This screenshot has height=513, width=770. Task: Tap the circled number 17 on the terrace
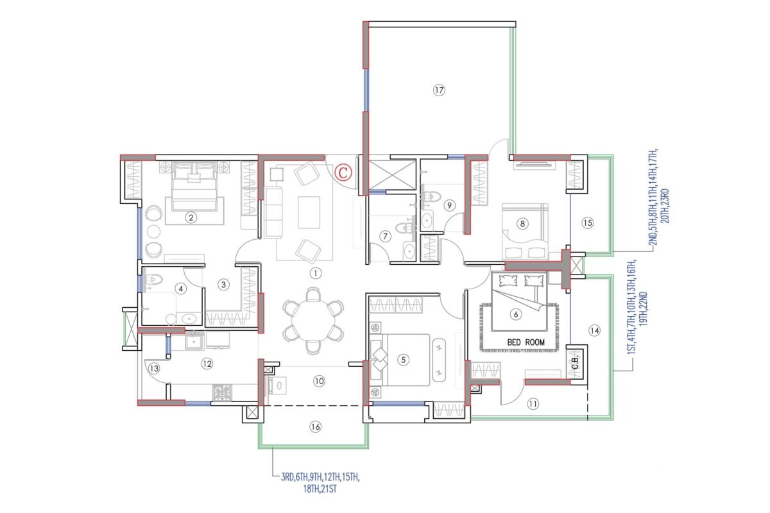click(439, 90)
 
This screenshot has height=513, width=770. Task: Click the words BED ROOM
click(526, 342)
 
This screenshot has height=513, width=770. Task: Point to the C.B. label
click(576, 362)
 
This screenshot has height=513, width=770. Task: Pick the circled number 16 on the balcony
click(315, 427)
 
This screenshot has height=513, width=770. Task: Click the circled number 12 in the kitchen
click(207, 364)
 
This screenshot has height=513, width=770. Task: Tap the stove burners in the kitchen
click(222, 392)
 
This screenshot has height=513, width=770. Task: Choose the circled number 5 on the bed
click(403, 360)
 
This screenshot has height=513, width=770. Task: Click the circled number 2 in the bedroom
click(191, 217)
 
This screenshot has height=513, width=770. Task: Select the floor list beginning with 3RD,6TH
click(320, 483)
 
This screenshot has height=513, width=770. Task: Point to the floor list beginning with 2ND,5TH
click(658, 198)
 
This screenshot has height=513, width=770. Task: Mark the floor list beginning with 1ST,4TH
click(637, 307)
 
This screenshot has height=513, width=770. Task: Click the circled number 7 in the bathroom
click(385, 237)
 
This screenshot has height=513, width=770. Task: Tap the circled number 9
click(449, 205)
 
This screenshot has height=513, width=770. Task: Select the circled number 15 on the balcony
click(588, 223)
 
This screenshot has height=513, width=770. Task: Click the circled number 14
click(594, 330)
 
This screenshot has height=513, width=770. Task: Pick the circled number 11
click(533, 404)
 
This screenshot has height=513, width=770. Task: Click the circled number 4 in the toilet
click(181, 289)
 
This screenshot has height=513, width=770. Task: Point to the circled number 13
click(154, 369)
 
